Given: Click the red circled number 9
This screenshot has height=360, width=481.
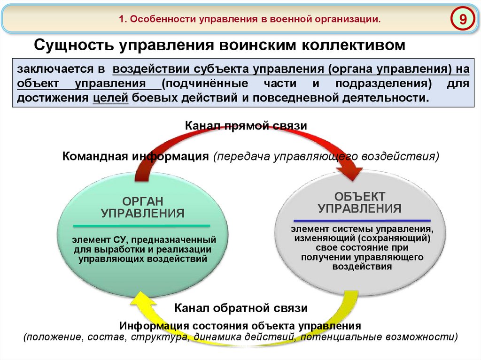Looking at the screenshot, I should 463,19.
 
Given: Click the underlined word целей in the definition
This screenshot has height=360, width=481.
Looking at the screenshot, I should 111,99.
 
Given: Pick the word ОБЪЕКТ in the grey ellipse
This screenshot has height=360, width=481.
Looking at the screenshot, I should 359,196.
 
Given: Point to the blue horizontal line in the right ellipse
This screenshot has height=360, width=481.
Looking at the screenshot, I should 362,220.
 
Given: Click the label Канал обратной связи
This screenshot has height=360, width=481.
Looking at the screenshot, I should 241,308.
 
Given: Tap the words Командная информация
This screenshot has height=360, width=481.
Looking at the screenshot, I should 135,156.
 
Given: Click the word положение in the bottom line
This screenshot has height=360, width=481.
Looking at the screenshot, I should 51,337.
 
